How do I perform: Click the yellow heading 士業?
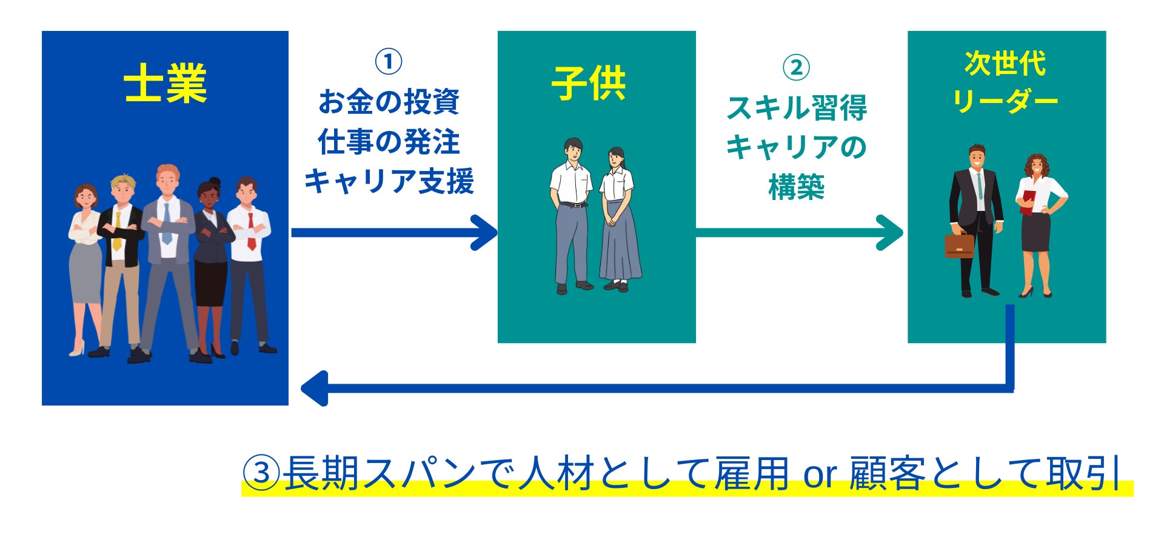coord(165,84)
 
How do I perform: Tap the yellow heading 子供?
coord(588,84)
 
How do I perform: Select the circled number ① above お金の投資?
coord(389,62)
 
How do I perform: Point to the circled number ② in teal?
coord(796,68)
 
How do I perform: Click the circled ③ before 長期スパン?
coord(261,473)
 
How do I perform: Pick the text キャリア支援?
coord(389,181)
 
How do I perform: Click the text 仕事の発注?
coord(389,142)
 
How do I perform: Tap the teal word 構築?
coord(796,187)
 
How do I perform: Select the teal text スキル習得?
coord(796,108)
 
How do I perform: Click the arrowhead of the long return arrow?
coord(314,388)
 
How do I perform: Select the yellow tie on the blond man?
coord(117,231)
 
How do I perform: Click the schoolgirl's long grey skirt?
coord(619,242)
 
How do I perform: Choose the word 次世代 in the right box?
coord(1005,64)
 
